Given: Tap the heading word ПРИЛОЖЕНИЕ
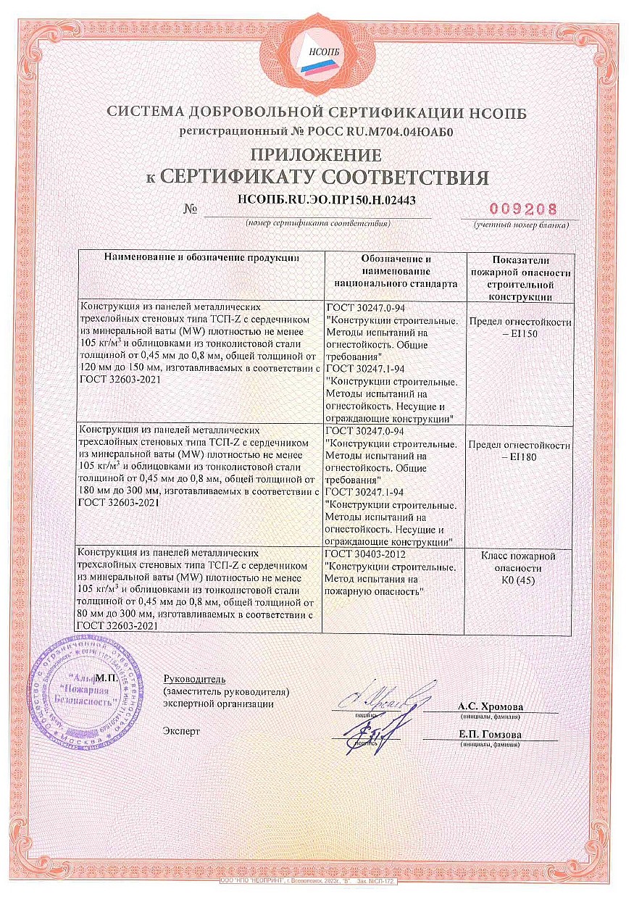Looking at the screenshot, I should [316, 154].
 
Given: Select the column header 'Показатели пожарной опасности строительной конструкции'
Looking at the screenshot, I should [521, 278].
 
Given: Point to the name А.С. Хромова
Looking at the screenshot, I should [490, 706].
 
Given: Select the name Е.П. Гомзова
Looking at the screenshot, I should [490, 734].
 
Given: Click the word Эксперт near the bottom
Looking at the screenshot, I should [182, 730].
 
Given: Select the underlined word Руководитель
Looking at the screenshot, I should [195, 679].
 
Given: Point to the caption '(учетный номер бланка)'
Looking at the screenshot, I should [521, 225].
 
